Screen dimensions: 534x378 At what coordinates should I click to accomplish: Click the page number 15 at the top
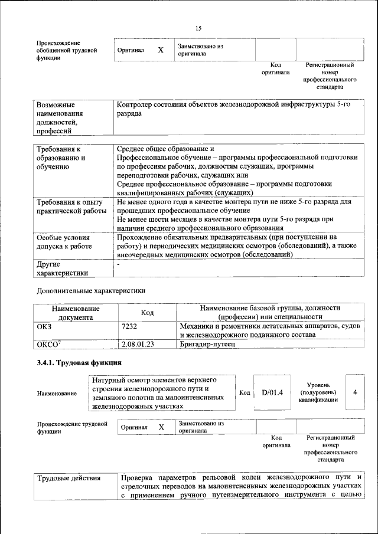click(198, 28)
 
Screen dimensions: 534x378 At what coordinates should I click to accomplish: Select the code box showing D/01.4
click(273, 392)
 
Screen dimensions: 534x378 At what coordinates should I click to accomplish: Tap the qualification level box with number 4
click(354, 391)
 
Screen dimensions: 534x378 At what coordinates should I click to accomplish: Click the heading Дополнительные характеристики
click(91, 290)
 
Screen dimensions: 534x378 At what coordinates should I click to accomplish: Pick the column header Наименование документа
click(76, 312)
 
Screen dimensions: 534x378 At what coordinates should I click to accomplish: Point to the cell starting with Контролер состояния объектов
click(234, 108)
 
